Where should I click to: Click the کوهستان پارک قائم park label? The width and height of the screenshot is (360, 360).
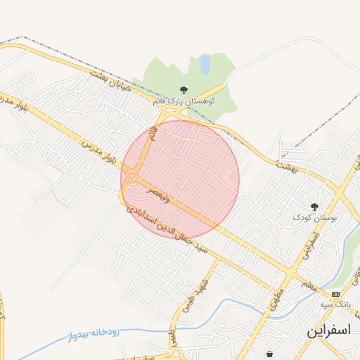(184, 101)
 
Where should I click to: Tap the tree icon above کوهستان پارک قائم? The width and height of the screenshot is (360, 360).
(184, 89)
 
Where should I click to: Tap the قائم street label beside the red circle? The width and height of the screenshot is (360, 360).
(149, 139)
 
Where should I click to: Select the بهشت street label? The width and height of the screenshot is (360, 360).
(287, 167)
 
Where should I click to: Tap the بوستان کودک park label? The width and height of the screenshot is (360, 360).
(314, 219)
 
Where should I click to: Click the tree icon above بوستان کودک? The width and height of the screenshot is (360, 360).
(314, 207)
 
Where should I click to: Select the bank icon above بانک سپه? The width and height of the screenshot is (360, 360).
(335, 293)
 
